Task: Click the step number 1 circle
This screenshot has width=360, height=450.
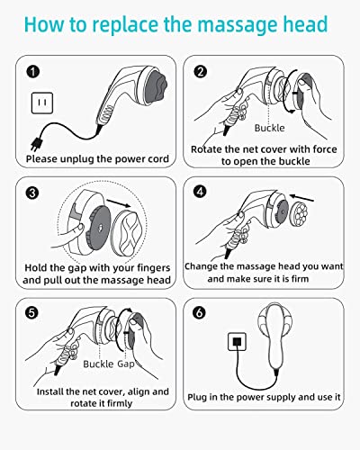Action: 33,72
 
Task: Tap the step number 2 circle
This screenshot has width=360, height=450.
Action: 201,72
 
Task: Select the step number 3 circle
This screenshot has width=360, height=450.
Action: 32,193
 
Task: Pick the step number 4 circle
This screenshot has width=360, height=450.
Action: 200,191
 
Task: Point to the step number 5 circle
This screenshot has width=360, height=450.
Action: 31,312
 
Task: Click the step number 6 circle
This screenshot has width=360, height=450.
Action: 200,312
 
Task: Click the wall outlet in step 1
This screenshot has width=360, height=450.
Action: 42,103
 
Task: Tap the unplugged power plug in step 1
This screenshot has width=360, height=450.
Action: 36,144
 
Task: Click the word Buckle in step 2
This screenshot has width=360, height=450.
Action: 270,128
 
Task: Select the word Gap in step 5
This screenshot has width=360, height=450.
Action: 125,364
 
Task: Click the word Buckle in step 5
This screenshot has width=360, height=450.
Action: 98,364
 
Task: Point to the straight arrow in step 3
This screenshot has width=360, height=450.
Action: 119,202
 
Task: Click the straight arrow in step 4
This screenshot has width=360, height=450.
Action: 301,198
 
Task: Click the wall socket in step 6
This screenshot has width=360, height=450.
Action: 237,342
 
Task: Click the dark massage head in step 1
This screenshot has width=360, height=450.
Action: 156,87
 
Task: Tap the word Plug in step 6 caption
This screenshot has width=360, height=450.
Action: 197,397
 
